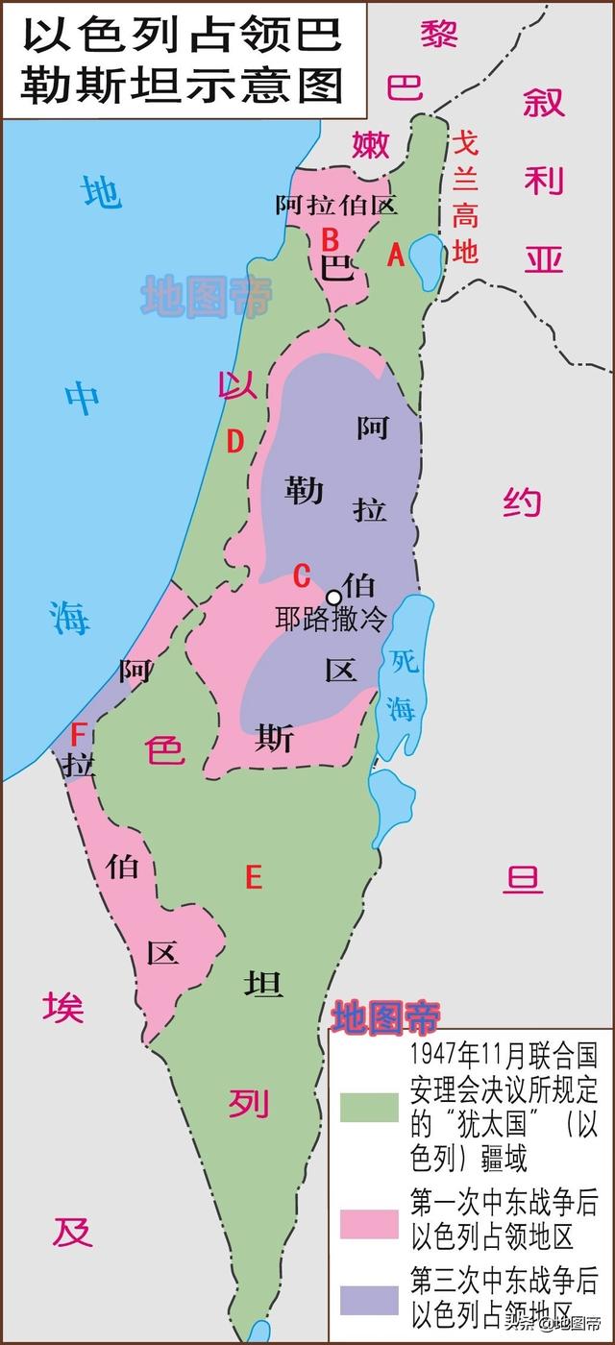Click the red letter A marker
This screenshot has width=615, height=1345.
pos(394,255)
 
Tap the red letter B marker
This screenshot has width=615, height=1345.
pos(330,236)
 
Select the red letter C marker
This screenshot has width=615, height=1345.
pos(302,575)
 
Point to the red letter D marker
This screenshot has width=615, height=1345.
pos(234,441)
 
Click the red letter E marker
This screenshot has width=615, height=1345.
pos(254,876)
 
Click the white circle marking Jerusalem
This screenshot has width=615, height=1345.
pos(333,597)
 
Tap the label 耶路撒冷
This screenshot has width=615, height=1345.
pos(330,620)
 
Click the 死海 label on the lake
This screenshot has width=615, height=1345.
pos(402,683)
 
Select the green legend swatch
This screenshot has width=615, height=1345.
pos(369,1108)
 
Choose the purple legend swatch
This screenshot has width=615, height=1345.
pos(369,1299)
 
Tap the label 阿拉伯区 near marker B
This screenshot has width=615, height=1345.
pos(336,204)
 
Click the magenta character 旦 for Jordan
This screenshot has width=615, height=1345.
pos(524,877)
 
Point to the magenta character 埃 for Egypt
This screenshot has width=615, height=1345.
pos(62,1007)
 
